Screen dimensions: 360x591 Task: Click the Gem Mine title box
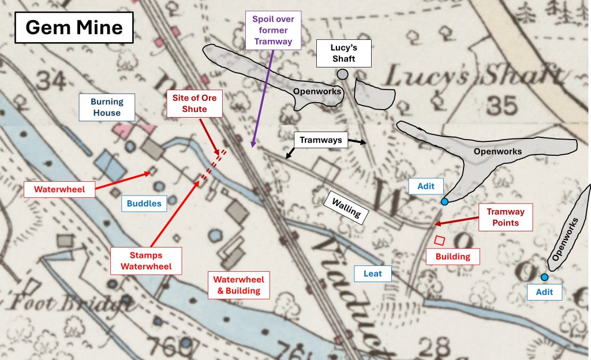(74, 28)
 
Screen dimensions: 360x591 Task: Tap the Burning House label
(107, 107)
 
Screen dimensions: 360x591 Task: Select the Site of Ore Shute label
(194, 104)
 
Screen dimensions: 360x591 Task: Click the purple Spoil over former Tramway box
(273, 30)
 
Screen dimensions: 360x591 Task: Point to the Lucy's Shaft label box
(343, 53)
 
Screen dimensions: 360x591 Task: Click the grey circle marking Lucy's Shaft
(343, 74)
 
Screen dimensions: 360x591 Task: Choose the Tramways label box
(320, 140)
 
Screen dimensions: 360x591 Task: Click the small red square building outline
(439, 240)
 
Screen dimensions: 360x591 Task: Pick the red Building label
(452, 256)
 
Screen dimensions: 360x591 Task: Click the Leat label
(373, 273)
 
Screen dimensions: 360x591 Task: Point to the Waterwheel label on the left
(59, 189)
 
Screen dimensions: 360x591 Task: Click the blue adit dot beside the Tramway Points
(444, 201)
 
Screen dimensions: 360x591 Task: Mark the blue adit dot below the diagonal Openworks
(544, 277)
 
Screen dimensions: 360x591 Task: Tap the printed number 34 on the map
(50, 82)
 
